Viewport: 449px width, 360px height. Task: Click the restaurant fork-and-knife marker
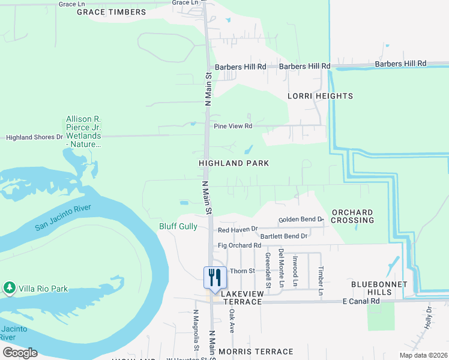point(215,277)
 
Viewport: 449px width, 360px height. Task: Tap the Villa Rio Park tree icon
point(9,289)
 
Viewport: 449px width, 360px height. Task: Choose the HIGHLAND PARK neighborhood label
point(234,163)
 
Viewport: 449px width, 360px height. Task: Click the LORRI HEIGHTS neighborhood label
point(320,96)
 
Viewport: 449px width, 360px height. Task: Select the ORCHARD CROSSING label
point(353,216)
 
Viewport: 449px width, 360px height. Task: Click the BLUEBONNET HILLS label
point(380,288)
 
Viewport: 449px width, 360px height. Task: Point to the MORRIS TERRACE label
point(256,352)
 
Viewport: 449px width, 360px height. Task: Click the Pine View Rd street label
point(233,127)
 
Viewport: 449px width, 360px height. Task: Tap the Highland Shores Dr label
point(34,137)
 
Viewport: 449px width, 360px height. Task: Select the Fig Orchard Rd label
point(240,245)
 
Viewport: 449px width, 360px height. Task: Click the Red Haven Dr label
point(238,229)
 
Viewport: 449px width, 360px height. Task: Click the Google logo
point(20,353)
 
